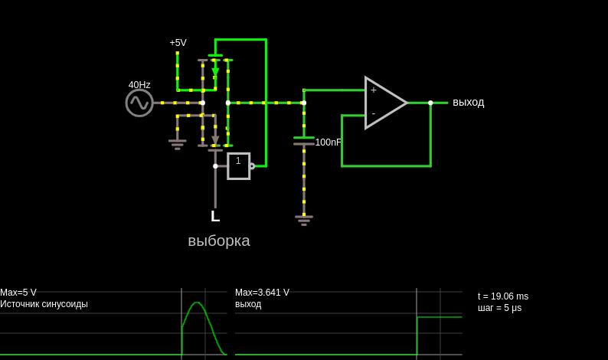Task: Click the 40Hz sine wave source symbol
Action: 139,103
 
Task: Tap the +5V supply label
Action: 178,43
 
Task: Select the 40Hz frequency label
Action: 139,84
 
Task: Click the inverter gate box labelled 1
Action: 238,166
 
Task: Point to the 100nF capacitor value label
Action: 328,142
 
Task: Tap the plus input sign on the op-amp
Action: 374,90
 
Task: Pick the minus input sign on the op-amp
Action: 374,113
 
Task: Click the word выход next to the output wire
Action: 469,103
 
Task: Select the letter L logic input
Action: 215,216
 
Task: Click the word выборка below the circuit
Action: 219,241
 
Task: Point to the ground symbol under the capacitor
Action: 304,221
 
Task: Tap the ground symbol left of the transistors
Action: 178,144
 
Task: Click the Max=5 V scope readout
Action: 18,293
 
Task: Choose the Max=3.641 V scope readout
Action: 262,293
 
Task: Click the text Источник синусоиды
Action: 44,304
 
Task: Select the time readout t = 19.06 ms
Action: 503,296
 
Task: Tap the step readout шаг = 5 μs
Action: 499,308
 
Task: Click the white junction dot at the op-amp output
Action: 430,103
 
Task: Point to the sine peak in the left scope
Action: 197,303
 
